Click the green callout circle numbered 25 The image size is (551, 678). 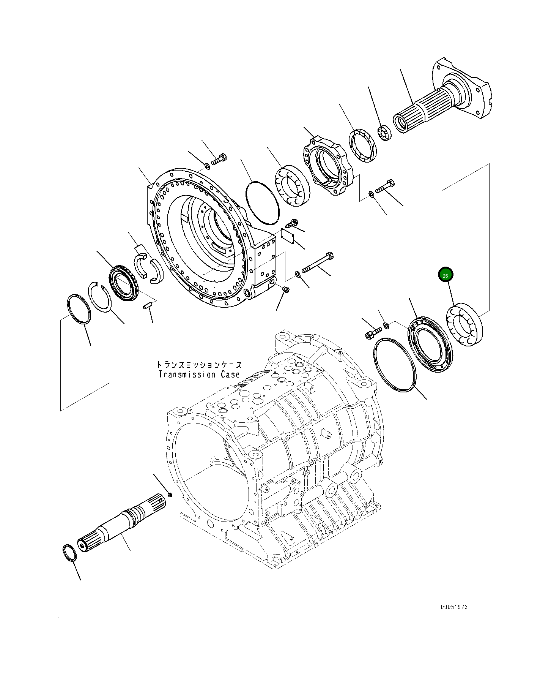click(445, 275)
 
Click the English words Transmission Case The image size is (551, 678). click(199, 375)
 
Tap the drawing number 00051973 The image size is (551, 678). click(454, 607)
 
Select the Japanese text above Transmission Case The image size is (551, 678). click(199, 365)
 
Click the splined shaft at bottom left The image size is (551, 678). click(121, 522)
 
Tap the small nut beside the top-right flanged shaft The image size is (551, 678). click(384, 133)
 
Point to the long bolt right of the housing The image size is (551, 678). click(318, 262)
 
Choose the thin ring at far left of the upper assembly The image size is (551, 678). click(79, 309)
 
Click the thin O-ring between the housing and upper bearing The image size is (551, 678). click(262, 202)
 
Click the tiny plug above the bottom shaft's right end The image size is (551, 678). click(170, 494)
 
